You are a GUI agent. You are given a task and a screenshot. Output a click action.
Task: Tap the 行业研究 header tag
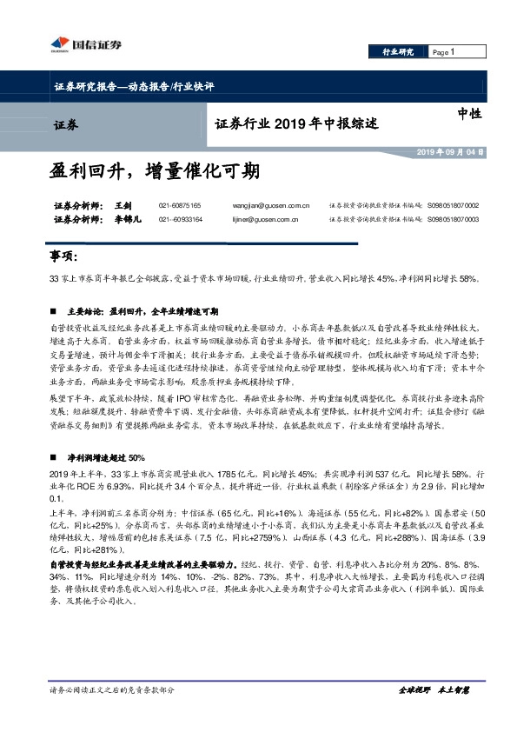click(399, 53)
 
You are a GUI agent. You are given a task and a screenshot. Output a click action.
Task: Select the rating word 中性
click(469, 112)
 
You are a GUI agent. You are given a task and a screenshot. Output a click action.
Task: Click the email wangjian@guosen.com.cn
click(257, 205)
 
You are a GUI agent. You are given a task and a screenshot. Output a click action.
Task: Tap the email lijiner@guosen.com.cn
click(255, 219)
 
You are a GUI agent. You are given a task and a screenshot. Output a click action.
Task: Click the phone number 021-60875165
click(180, 205)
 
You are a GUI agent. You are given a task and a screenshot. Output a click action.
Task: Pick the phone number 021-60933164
click(180, 219)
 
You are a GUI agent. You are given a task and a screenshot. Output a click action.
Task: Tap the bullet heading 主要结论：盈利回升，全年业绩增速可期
click(143, 311)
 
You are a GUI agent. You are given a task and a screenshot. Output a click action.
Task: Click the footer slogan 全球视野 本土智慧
click(434, 690)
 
